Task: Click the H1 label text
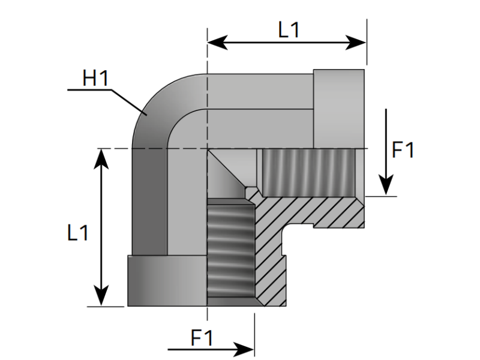coord(95,78)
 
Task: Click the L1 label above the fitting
coord(289,30)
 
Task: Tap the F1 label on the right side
coord(403,150)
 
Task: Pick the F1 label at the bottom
coord(202,338)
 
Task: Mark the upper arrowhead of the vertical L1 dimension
coord(101,156)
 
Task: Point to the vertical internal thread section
coord(230,249)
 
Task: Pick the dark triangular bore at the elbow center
coord(225,171)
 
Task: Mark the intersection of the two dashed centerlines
coord(207,148)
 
